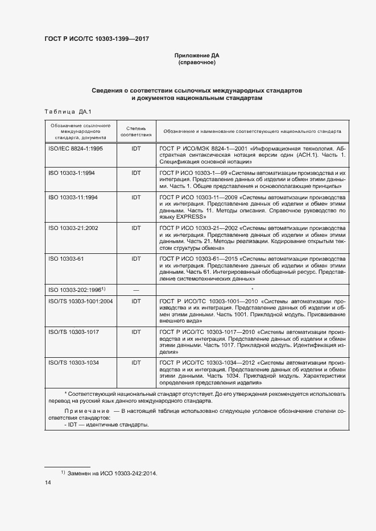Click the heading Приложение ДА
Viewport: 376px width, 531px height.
click(x=197, y=56)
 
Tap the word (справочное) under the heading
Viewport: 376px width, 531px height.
click(x=197, y=62)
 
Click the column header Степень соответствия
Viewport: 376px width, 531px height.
click(x=136, y=132)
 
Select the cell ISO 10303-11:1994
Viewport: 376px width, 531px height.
click(x=73, y=197)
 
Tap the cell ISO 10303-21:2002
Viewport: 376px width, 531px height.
click(x=73, y=228)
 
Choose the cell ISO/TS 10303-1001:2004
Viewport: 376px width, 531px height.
click(x=80, y=301)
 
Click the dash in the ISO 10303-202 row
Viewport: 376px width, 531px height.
click(x=136, y=290)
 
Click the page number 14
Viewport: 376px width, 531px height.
click(x=48, y=483)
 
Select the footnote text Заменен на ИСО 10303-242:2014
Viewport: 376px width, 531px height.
click(x=111, y=473)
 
